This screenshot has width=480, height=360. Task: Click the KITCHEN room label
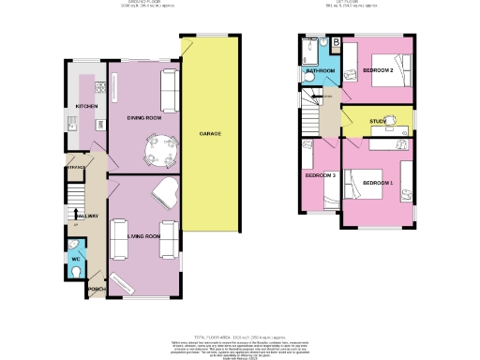pyautogui.click(x=87, y=107)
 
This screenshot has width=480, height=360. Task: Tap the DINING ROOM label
pyautogui.click(x=137, y=116)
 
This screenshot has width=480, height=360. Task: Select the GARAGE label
pyautogui.click(x=210, y=134)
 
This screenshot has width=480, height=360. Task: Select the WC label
pyautogui.click(x=75, y=259)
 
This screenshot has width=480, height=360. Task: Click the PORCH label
pyautogui.click(x=94, y=290)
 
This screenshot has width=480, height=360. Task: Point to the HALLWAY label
pyautogui.click(x=87, y=217)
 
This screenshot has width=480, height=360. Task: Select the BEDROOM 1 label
pyautogui.click(x=379, y=182)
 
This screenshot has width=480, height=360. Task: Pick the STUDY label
pyautogui.click(x=378, y=121)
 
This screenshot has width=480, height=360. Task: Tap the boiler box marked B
pyautogui.click(x=336, y=41)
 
